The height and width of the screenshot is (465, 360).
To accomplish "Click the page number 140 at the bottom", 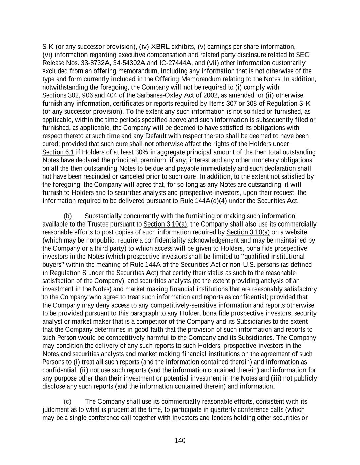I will pyautogui.click(x=180, y=440).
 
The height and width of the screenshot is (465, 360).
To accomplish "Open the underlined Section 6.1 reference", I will pyautogui.click(x=58, y=152).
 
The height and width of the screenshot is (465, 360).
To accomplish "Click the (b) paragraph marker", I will pyautogui.click(x=67, y=216).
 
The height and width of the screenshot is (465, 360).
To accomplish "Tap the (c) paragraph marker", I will pyautogui.click(x=67, y=402).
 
